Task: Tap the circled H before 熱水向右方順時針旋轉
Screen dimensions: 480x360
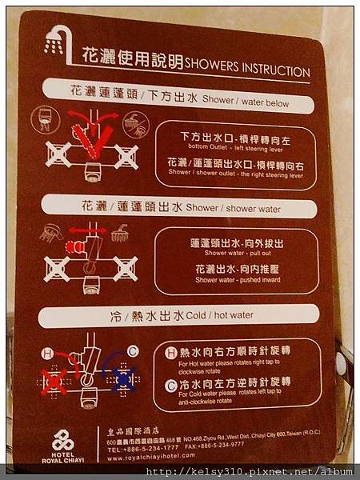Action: (170, 352)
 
